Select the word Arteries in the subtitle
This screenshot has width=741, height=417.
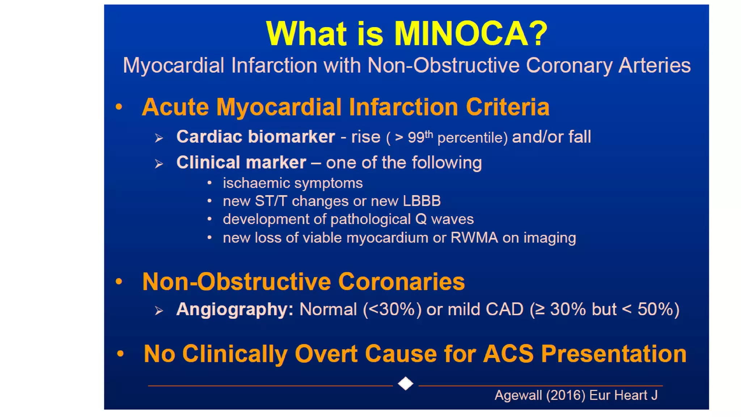[x=654, y=66]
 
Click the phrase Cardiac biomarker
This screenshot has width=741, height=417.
[x=255, y=137]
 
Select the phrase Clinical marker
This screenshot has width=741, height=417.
[x=241, y=163]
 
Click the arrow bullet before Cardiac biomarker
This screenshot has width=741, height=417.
[x=158, y=138]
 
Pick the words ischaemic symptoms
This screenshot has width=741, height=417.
[x=292, y=183]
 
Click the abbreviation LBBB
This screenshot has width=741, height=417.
[x=422, y=201]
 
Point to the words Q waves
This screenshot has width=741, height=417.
[x=444, y=219]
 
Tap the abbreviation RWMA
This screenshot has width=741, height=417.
[x=474, y=238]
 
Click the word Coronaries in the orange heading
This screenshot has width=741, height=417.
[x=401, y=282]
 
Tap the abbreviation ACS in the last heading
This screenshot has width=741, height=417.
[x=508, y=354]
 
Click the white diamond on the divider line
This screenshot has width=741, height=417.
[x=405, y=383]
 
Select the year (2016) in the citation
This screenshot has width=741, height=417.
[x=566, y=395]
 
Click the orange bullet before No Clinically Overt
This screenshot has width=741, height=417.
[x=120, y=354]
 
